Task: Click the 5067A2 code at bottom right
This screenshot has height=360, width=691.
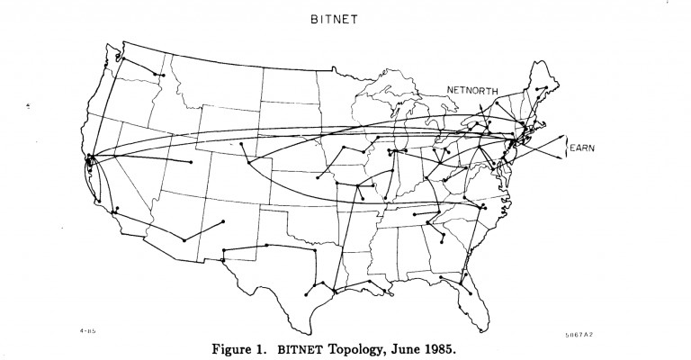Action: click(579, 334)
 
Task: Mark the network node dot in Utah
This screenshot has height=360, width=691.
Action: click(191, 162)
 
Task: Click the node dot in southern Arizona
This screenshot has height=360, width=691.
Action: click(184, 240)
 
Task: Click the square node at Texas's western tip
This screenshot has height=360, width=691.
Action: click(221, 259)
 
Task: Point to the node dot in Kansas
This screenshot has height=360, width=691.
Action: click(318, 178)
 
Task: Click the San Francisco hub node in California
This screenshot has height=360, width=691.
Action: click(89, 159)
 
